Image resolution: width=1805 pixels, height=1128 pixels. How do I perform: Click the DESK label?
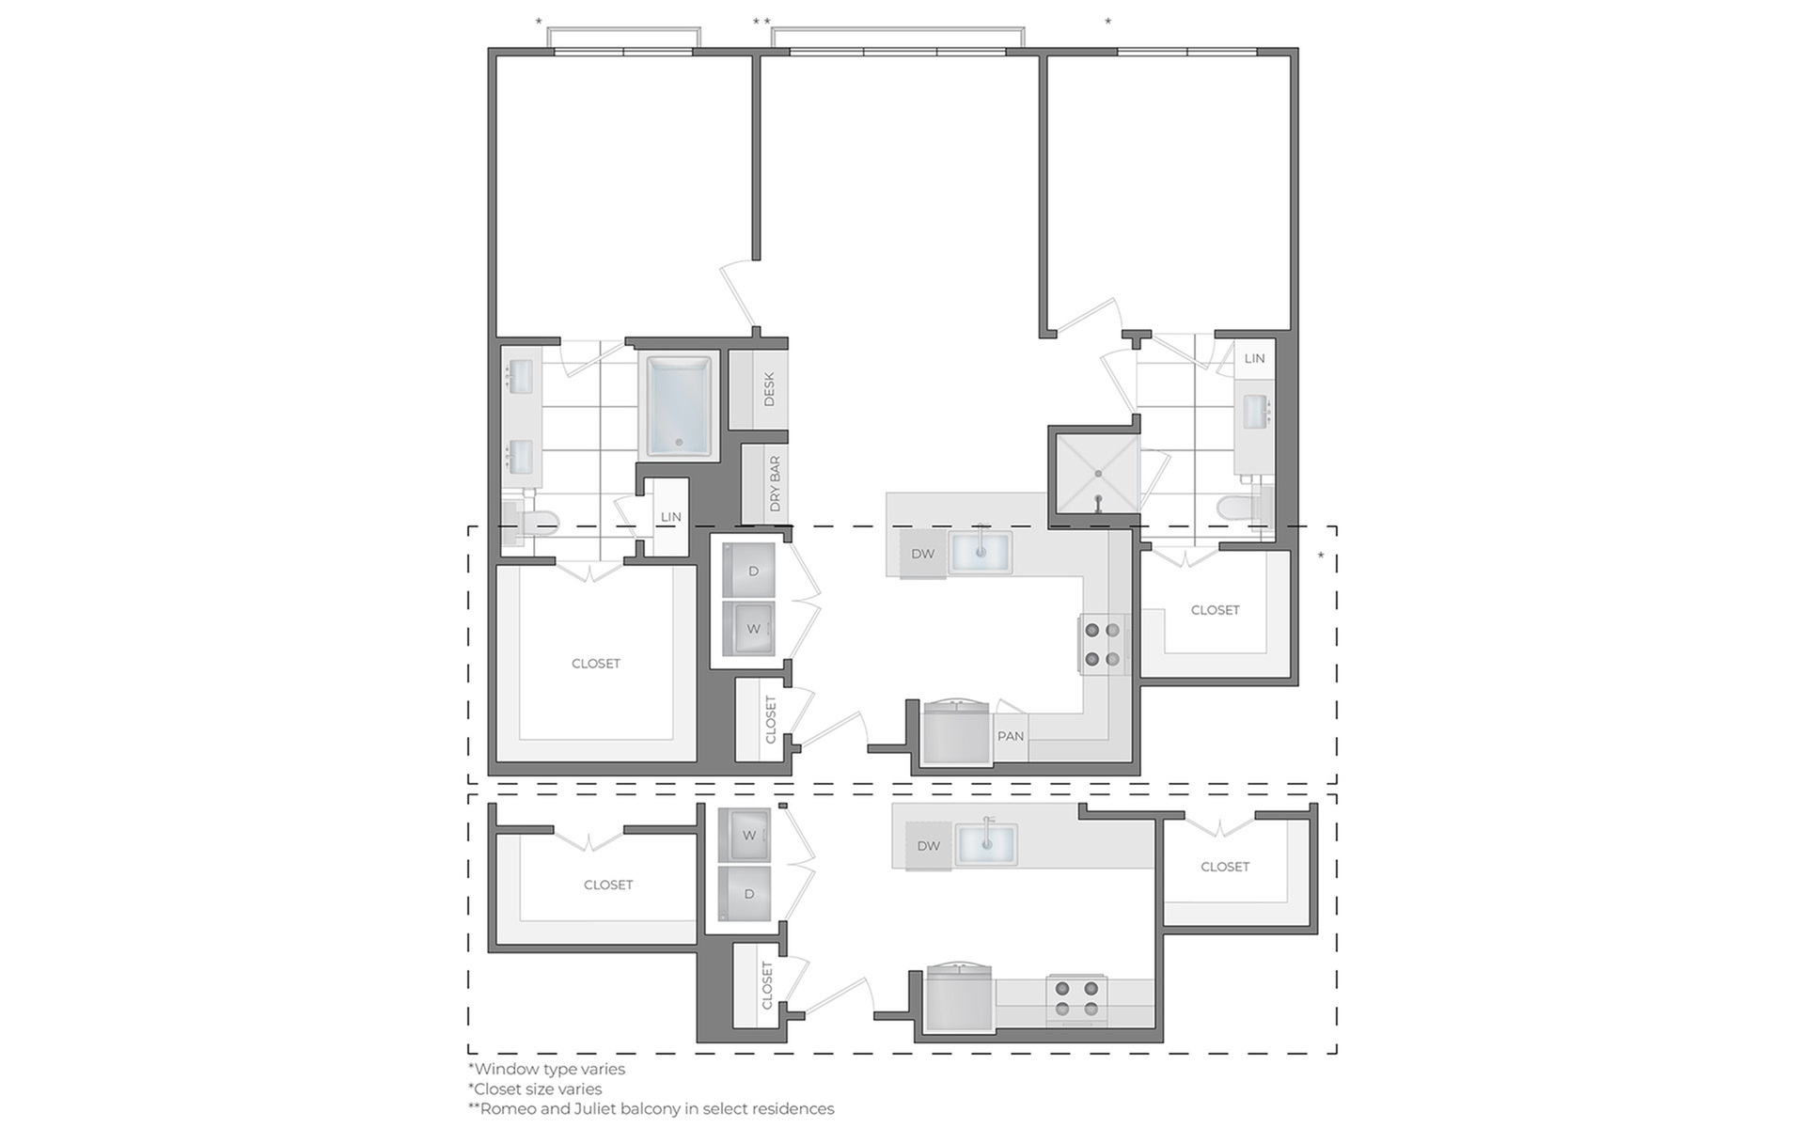point(769,389)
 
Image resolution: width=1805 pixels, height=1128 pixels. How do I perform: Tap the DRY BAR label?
point(775,484)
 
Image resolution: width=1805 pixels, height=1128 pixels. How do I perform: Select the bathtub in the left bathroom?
point(678,405)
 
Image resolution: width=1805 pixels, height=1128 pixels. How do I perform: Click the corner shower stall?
point(1097,473)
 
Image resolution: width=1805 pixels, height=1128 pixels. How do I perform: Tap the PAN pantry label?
point(1011,736)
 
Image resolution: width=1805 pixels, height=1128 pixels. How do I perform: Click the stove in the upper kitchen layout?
point(1103,644)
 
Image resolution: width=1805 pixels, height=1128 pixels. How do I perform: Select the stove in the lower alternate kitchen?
point(1076,998)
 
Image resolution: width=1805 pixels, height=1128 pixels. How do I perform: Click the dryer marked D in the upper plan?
point(749,570)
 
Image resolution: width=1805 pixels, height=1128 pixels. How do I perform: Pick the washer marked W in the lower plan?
point(745,835)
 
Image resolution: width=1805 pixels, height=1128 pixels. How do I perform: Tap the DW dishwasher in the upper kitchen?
point(922,555)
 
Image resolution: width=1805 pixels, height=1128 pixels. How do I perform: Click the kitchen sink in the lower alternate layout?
point(987,844)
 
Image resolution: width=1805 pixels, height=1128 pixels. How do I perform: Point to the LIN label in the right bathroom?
point(1254,358)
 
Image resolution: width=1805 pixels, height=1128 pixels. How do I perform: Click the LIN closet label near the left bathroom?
point(670,517)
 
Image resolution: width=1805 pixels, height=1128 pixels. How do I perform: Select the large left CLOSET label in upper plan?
point(596,664)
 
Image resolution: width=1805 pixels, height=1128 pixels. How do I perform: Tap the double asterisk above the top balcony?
point(761,22)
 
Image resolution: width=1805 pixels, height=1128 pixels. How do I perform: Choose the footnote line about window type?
point(546,1069)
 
